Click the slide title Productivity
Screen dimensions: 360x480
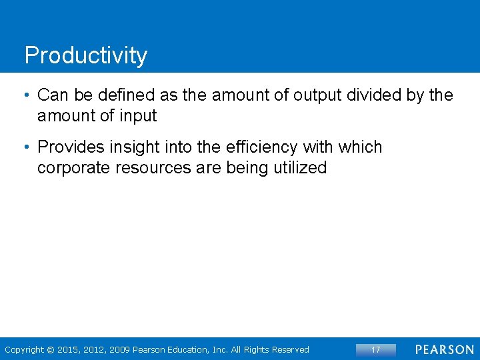85,55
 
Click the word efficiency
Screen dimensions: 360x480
261,147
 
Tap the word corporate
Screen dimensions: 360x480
73,167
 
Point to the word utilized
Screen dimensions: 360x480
299,167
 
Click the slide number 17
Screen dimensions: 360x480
375,349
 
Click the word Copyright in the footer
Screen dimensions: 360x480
25,350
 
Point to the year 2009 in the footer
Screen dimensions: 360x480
120,350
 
